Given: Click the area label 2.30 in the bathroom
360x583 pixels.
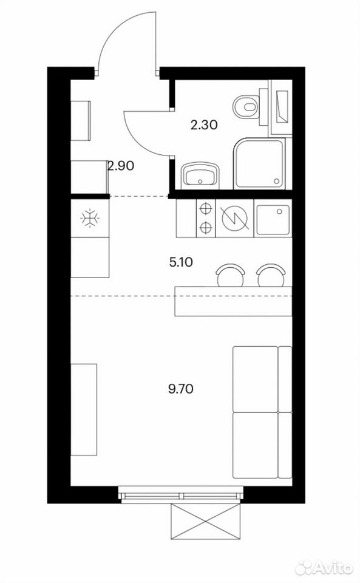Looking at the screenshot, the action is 203,125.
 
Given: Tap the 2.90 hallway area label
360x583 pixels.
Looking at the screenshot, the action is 120,165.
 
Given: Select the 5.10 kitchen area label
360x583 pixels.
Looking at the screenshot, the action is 181,262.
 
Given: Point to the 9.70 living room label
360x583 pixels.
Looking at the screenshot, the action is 181,389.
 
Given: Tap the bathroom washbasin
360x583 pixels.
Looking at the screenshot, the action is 200,175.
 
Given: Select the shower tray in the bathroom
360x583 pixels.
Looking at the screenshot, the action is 259,163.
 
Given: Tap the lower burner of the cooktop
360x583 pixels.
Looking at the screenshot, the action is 205,227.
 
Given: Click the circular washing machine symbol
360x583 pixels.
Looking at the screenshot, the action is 235,218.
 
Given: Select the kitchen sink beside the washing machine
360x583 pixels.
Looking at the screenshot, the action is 273,220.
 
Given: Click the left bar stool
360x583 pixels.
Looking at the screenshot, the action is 231,276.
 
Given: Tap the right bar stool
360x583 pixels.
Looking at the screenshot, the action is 271,276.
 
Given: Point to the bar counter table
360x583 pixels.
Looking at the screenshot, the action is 233,301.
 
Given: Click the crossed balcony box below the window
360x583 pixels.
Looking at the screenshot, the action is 205,522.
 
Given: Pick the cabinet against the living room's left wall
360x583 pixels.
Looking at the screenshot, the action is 84,410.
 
